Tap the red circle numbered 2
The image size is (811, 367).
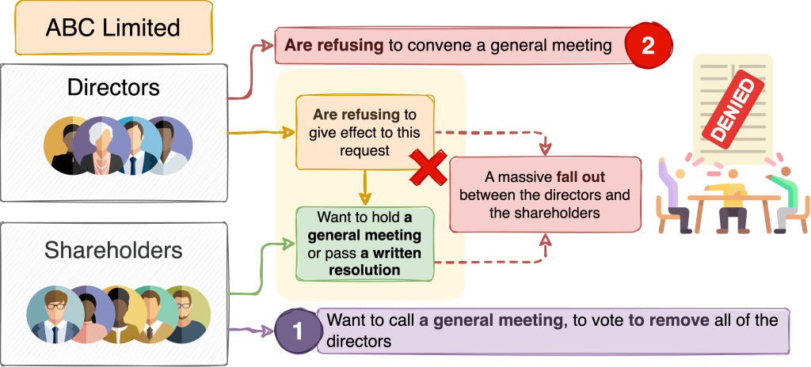(648, 45)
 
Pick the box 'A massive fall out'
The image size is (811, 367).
(545, 194)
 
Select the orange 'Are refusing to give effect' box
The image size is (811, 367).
(365, 131)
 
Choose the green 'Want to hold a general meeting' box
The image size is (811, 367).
(365, 243)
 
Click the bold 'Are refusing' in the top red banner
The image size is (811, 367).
(333, 45)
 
